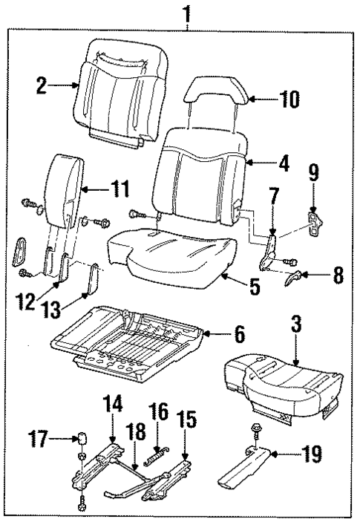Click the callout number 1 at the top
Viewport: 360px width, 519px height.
coord(188,13)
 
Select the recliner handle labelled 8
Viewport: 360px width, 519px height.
coord(295,278)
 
